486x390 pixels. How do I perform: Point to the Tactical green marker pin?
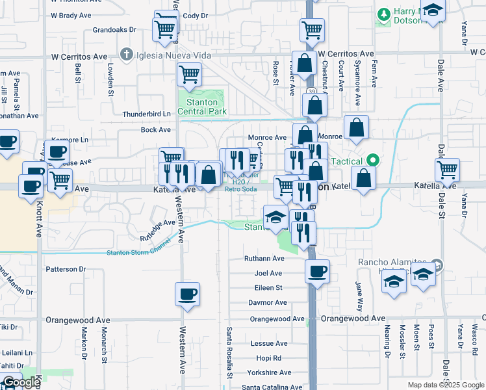[x=372, y=159]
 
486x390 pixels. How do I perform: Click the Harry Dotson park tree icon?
[x=383, y=14]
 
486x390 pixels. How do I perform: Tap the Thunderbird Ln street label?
[x=146, y=114]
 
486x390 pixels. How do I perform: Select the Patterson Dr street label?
[x=65, y=268]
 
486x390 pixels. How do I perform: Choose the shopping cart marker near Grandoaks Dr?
[x=165, y=29]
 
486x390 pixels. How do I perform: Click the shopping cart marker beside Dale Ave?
[x=448, y=170]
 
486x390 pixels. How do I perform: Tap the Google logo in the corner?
[x=21, y=382]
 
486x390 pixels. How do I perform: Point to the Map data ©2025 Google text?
[x=445, y=384]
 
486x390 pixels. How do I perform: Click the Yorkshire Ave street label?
[x=269, y=372]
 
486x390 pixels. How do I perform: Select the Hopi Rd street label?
[x=268, y=357]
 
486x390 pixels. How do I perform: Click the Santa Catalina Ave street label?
[x=272, y=387]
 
